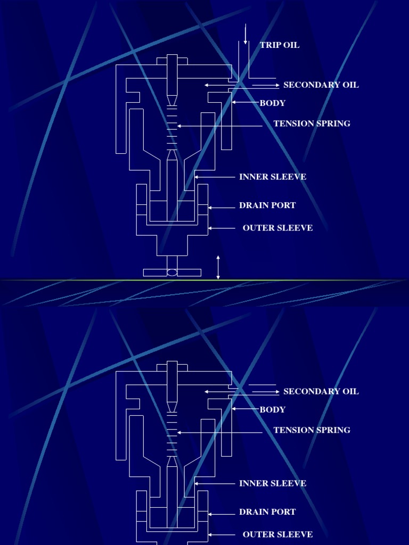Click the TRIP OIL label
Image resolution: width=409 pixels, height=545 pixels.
[x=280, y=45]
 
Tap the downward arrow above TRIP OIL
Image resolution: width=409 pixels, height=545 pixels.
[x=246, y=34]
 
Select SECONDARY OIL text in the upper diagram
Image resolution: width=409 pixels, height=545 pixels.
[x=321, y=85]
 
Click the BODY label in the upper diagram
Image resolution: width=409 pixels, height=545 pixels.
[x=273, y=103]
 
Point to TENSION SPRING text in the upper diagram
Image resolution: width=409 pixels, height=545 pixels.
[x=312, y=123]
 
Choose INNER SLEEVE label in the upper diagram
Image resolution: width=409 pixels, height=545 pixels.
[x=273, y=177]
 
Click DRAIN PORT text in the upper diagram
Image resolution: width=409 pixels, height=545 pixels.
[x=267, y=205]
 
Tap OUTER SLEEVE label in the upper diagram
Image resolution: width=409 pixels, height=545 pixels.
[x=277, y=228]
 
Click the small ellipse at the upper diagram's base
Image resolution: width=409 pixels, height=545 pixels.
[x=172, y=272]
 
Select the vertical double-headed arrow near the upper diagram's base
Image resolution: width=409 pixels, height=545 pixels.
[x=218, y=267]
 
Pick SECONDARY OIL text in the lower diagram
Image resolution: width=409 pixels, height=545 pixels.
[x=321, y=392]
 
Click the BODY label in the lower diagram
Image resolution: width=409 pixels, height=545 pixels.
[x=273, y=410]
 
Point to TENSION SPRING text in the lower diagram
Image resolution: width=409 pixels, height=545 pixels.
[x=312, y=430]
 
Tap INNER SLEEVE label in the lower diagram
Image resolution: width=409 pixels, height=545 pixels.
[x=273, y=483]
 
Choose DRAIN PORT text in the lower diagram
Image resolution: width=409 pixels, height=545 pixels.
[x=267, y=512]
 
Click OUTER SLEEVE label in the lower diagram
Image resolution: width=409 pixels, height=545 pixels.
[x=277, y=534]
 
